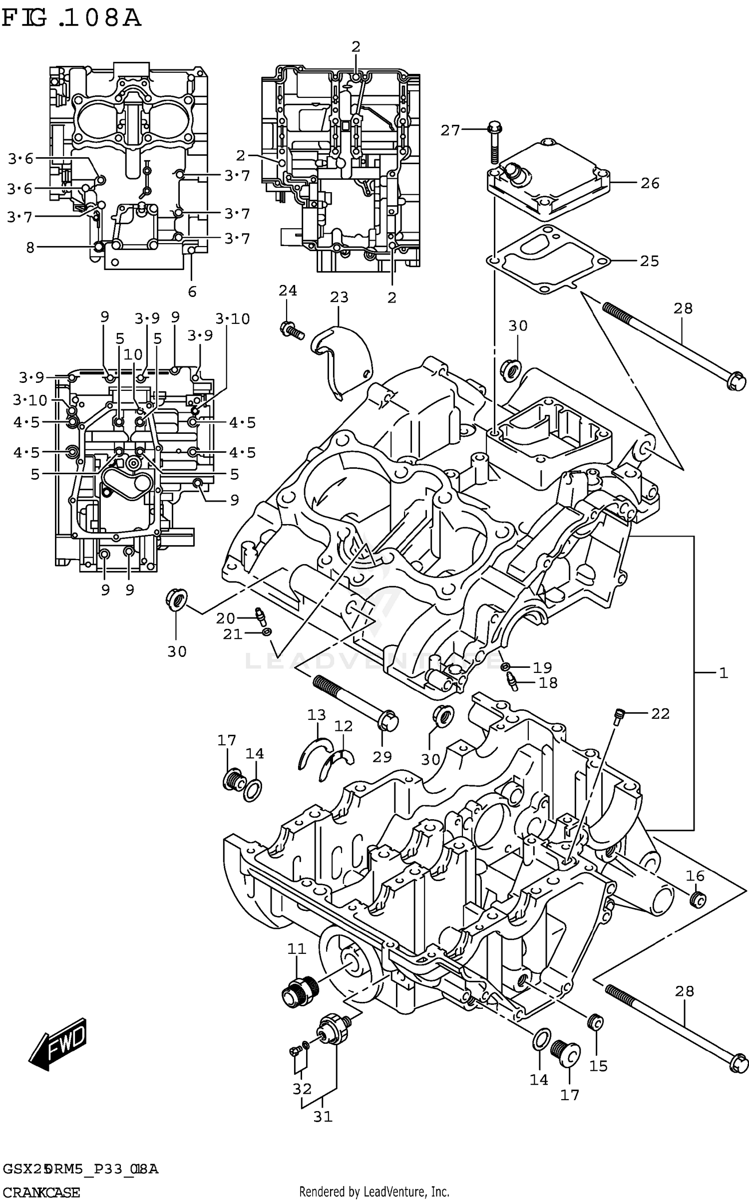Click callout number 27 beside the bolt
click(450, 131)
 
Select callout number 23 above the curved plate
click(339, 298)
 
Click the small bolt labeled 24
click(290, 329)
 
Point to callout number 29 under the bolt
click(382, 757)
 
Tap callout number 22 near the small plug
click(660, 714)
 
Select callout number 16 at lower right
click(695, 876)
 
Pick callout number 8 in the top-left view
click(30, 247)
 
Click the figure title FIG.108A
click(71, 19)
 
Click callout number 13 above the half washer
click(316, 715)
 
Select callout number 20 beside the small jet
click(225, 619)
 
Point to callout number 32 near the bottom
click(302, 1089)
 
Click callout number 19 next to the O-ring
click(542, 667)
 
